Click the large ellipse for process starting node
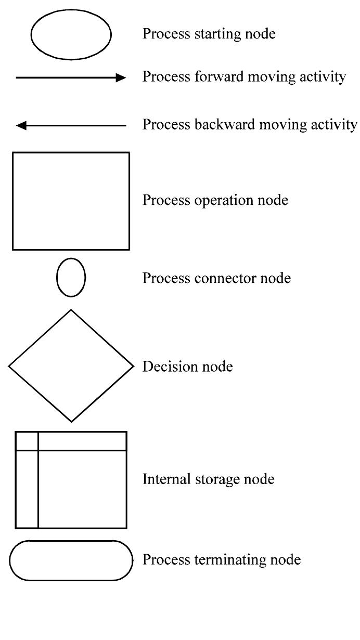pos(71,34)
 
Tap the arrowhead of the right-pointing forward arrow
pos(121,78)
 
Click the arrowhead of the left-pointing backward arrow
pos(21,125)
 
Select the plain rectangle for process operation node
pos(71,201)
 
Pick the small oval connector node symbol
pos(71,278)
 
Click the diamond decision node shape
pos(71,365)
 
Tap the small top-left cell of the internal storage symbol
pos(27,441)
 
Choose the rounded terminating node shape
pos(71,560)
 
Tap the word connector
pos(221,278)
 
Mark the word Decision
pos(166,367)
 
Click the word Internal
pos(163,479)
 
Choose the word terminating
pos(222,560)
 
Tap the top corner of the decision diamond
pos(71,310)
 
